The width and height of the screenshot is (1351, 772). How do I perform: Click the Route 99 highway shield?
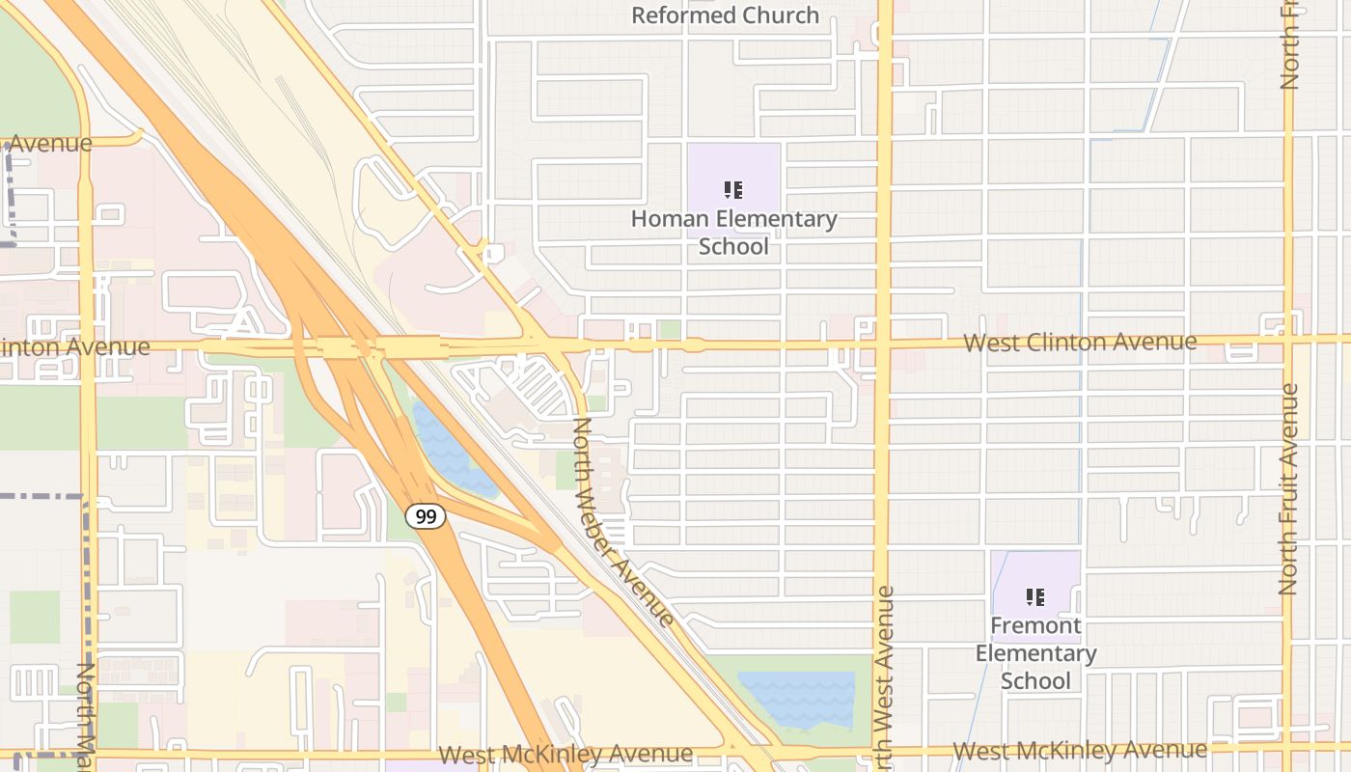[426, 516]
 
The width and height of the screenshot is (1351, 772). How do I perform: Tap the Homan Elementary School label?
[733, 233]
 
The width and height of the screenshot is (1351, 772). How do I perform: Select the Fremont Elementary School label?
[1035, 653]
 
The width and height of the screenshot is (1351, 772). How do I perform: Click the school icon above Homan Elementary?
[733, 189]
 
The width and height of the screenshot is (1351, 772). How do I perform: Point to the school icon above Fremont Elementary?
[1035, 597]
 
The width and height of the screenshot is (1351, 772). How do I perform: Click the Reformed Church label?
[726, 15]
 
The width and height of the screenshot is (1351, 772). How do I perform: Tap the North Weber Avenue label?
[622, 522]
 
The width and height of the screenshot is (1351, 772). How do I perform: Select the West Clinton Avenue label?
[1080, 342]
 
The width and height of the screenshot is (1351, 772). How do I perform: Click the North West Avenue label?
[885, 675]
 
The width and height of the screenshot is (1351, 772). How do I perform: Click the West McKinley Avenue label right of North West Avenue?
[1080, 750]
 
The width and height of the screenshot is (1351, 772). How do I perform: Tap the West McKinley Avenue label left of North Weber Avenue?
[565, 753]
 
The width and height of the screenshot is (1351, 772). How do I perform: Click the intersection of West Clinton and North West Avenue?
[882, 343]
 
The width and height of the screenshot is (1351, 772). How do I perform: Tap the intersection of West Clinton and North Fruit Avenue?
[1287, 339]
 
